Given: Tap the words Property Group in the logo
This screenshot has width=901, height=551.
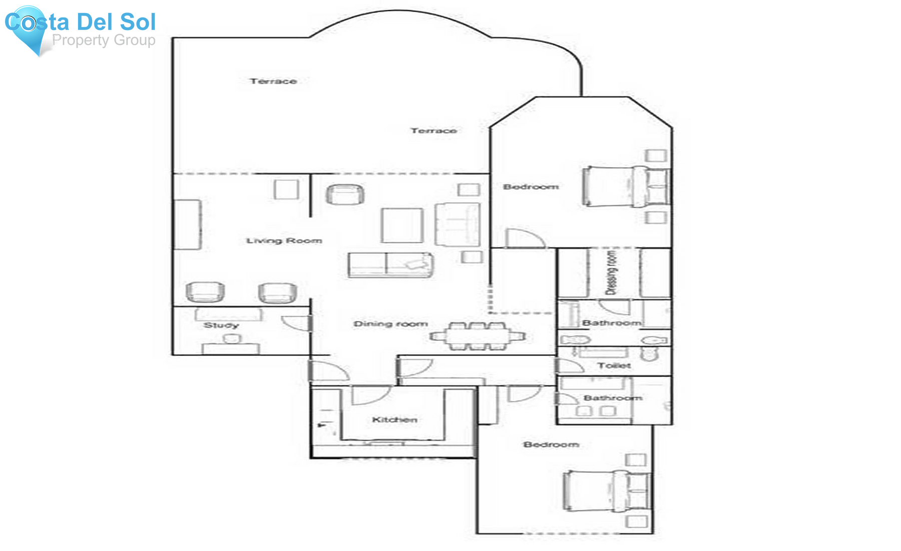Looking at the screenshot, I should click(x=103, y=40).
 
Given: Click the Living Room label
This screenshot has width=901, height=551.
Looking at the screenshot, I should click(x=284, y=241).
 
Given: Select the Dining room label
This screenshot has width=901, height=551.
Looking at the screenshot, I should click(x=390, y=324).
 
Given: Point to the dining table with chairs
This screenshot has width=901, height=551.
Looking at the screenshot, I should click(x=478, y=336).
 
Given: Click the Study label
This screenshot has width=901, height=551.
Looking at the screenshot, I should click(x=221, y=326).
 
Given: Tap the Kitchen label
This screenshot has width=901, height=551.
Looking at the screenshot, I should click(x=394, y=420).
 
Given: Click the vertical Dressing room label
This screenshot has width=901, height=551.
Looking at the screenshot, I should click(x=611, y=273).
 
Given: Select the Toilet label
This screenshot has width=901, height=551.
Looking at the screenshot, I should click(x=614, y=366).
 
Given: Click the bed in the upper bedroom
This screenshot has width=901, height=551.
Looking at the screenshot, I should click(x=626, y=186).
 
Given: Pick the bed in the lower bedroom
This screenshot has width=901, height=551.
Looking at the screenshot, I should click(x=607, y=491).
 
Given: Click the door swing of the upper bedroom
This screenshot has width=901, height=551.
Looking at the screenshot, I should click(x=523, y=238).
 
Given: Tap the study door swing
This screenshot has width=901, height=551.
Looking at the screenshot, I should click(x=295, y=323).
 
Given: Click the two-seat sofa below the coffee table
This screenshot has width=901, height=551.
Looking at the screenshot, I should click(x=390, y=265).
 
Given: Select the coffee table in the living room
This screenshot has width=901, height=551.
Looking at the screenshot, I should click(x=402, y=225).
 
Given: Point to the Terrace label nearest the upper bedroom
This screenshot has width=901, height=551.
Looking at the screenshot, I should click(x=433, y=131).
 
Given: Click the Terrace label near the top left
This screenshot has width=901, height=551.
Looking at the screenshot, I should click(x=273, y=81).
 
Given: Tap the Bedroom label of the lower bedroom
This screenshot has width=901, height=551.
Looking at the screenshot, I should click(x=551, y=445).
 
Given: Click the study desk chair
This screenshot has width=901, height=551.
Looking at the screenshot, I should click(x=232, y=339).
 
